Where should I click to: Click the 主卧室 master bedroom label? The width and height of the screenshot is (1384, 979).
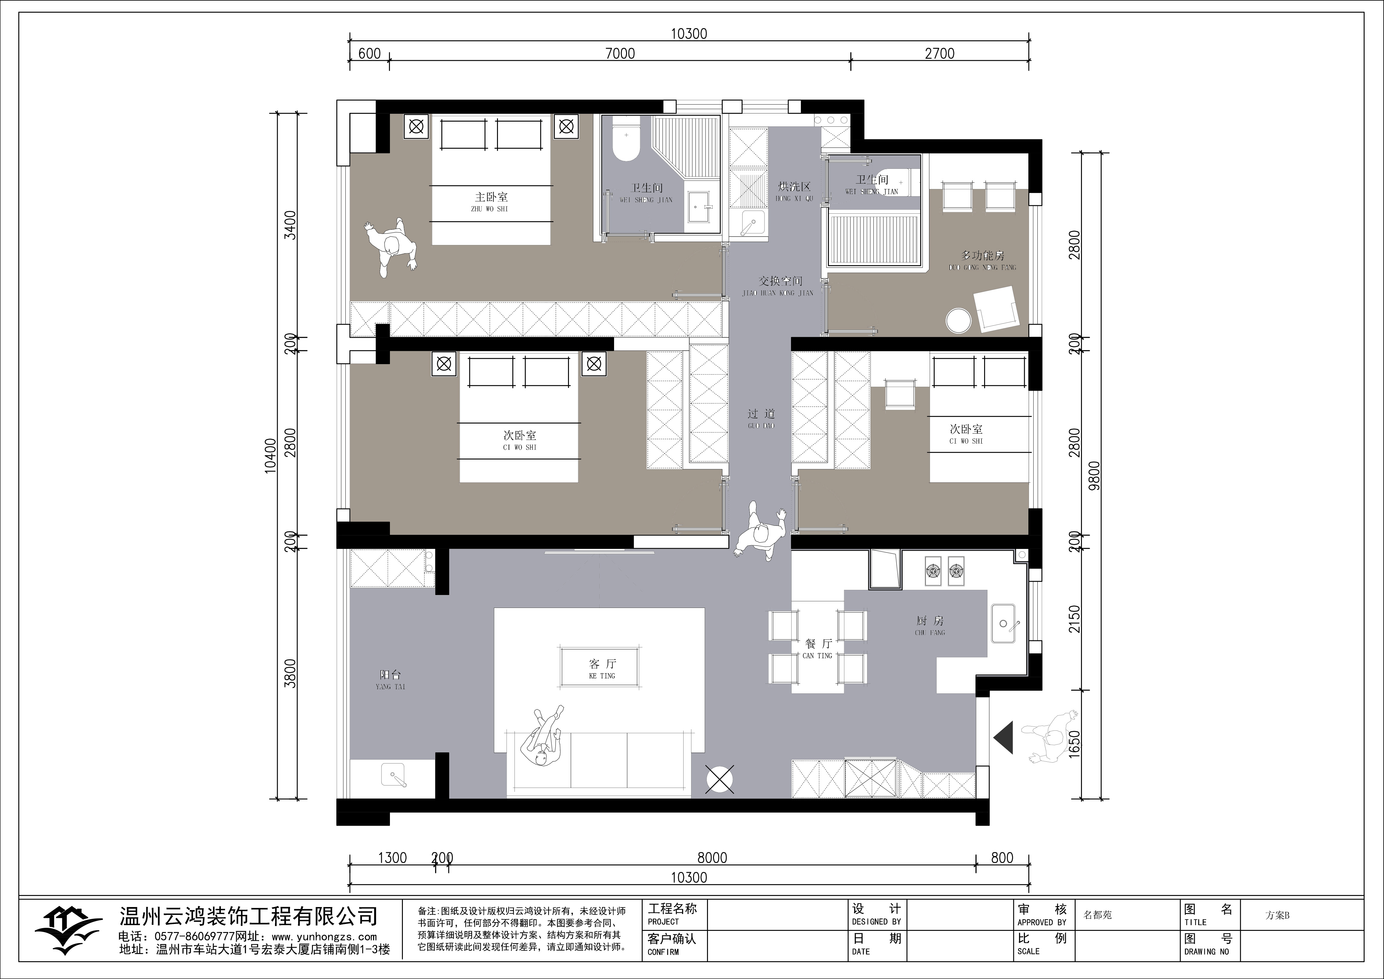coord(491,197)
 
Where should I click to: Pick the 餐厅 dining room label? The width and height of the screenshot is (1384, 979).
coord(818,644)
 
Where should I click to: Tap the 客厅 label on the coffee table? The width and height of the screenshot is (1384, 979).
coord(602,664)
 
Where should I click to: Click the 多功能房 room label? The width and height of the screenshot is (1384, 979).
coord(983,256)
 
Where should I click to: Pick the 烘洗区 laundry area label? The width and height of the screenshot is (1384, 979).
coord(794,187)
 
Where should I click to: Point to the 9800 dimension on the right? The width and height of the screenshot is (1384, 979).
coord(1095,475)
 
